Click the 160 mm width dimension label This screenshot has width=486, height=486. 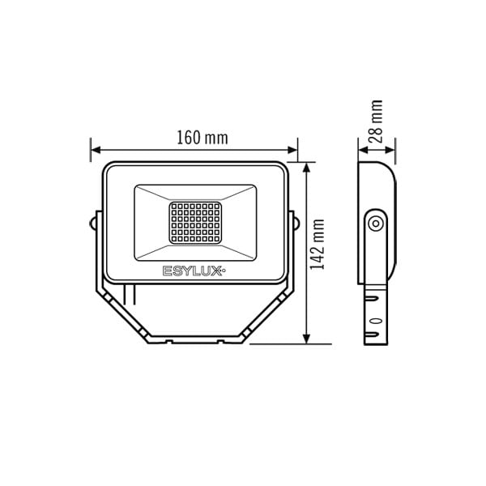(202, 138)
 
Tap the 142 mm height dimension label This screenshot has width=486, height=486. (318, 245)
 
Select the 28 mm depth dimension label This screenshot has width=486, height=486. (376, 122)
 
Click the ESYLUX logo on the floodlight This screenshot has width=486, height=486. (194, 271)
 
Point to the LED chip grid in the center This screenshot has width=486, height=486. (195, 223)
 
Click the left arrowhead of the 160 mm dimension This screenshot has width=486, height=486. (96, 150)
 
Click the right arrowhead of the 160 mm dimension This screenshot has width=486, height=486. (292, 150)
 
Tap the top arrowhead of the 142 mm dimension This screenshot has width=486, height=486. (306, 168)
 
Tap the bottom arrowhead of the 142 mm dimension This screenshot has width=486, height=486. (306, 339)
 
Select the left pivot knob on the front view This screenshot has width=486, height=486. (92, 224)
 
